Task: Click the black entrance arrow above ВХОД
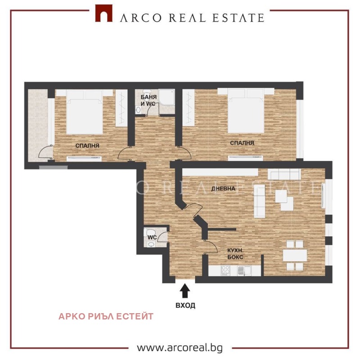pos(184,292)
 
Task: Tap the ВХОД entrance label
pos(185,305)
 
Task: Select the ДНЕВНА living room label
pos(224,188)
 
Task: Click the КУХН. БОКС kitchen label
pos(234,254)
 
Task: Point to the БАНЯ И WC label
pos(148,100)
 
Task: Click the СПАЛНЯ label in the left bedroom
pos(87,146)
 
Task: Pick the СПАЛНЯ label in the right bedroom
pos(242,143)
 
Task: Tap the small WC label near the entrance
pos(152,237)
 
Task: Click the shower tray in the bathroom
pos(168,96)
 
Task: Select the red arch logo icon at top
pos(103,14)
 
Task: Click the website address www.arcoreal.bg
pos(180,348)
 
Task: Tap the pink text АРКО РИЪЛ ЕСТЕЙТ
pos(106,316)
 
